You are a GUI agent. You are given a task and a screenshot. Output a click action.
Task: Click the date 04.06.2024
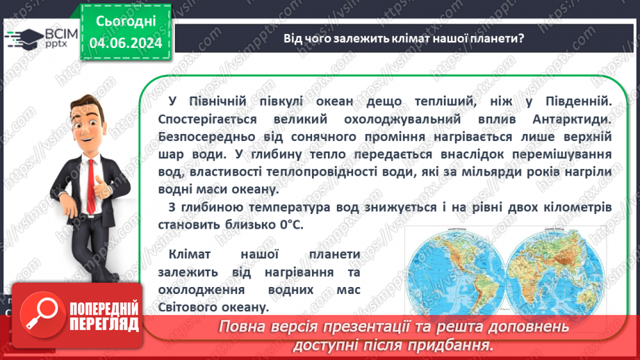point(125,43)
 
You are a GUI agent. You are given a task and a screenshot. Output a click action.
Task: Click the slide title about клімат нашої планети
point(403,38)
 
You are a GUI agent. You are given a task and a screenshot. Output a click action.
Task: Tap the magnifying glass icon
point(40,313)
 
